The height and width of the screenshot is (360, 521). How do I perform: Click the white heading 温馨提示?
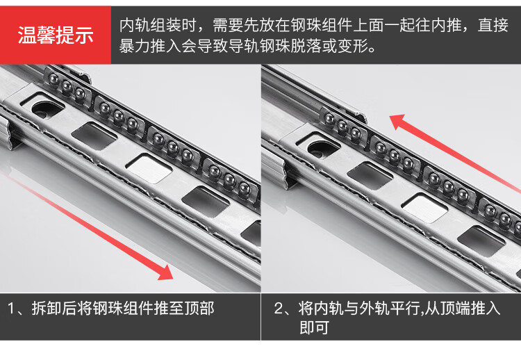[56, 35]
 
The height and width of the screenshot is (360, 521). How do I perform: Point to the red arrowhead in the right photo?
[398, 122]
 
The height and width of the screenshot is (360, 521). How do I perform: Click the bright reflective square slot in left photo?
[149, 167]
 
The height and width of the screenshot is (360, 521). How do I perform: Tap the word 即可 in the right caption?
[314, 327]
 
